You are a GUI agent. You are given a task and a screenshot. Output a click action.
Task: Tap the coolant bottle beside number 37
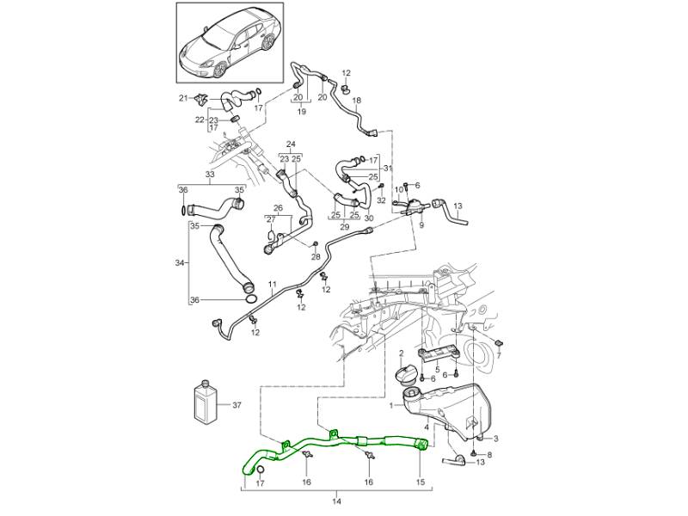pos(206,401)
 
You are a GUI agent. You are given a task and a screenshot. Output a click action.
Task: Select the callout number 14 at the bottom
pos(337,501)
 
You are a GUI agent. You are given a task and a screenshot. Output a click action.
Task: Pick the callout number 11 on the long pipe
pos(272,284)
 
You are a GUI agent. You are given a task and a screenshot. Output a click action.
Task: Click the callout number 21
pos(183,99)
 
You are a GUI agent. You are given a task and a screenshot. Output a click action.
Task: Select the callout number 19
pos(302,112)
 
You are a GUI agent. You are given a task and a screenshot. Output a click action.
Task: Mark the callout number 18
pos(357,101)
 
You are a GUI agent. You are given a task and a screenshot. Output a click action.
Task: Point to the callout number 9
pos(422,225)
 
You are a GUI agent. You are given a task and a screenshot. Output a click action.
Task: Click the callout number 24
pos(291,144)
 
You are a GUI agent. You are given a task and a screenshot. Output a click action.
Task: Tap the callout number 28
pos(316,257)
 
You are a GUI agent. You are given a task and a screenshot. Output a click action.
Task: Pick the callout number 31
pos(387,168)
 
